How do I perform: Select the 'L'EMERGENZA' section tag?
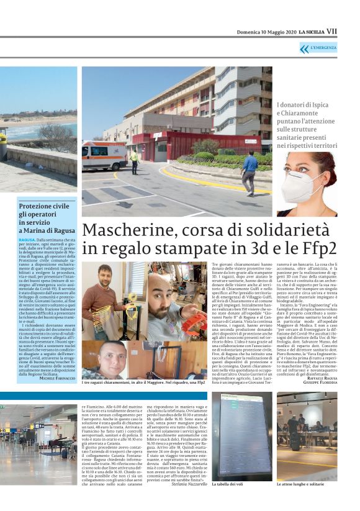tap(323, 48)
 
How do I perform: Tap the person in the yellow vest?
tap(134, 161)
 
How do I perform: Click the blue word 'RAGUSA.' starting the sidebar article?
tap(27, 238)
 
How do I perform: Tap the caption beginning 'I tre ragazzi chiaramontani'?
tap(143, 383)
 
